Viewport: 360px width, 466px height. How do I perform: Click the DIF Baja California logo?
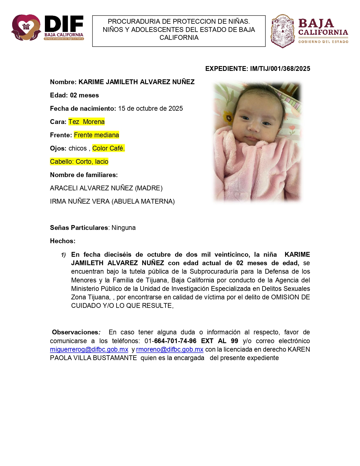click(x=47, y=28)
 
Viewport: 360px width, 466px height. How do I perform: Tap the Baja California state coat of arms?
click(x=282, y=31)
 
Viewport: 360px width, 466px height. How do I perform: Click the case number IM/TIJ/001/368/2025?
click(x=280, y=69)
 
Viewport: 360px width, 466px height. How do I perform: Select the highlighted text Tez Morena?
click(x=86, y=122)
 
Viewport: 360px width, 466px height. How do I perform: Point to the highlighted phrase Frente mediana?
click(x=96, y=135)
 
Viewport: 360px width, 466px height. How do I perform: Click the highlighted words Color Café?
click(x=108, y=148)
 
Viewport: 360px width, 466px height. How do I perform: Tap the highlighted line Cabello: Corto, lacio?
click(x=79, y=162)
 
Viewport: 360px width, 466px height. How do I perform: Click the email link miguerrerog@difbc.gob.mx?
click(x=89, y=349)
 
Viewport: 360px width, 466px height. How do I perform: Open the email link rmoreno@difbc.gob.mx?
click(x=170, y=349)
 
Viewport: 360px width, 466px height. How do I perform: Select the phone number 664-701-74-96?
click(x=175, y=341)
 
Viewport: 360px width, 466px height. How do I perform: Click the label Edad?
click(x=59, y=95)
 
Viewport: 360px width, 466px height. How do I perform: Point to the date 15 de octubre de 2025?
click(x=150, y=108)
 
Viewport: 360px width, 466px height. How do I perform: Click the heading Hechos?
click(x=63, y=241)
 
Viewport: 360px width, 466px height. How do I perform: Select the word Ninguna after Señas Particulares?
click(x=123, y=228)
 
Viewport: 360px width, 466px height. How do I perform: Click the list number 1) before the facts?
click(x=64, y=255)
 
